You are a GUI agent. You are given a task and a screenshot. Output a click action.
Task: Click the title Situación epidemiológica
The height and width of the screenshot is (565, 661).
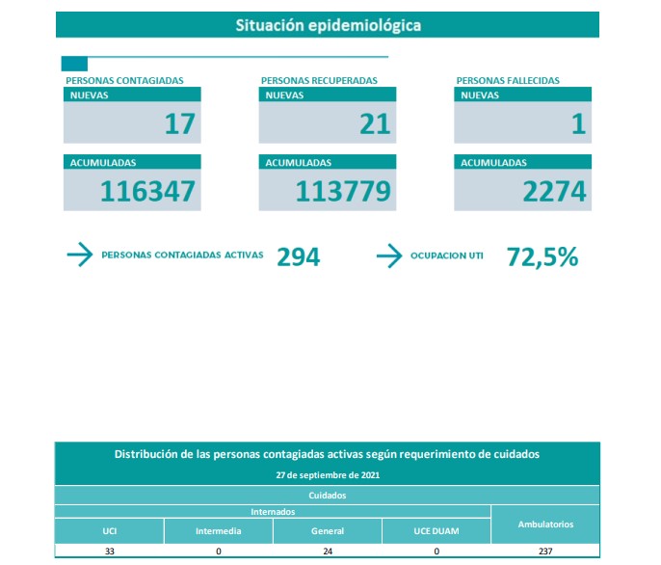point(328,25)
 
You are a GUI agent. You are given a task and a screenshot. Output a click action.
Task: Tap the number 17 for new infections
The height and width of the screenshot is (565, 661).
point(179,123)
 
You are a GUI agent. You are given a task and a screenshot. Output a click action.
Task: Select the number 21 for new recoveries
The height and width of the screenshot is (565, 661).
point(375,123)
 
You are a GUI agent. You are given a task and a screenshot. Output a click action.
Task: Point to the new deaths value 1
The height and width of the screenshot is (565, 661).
point(578,123)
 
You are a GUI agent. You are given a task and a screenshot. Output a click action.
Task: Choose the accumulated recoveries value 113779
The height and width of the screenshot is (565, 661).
point(343,192)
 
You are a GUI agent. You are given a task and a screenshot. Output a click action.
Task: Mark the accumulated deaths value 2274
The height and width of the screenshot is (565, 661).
point(554,192)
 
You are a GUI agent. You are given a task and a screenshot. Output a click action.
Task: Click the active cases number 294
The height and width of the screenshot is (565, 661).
point(298,256)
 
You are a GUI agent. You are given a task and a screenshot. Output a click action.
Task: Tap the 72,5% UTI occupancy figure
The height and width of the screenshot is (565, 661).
point(542,256)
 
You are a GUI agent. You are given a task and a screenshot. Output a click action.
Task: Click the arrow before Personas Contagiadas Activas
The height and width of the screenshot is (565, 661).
point(79,256)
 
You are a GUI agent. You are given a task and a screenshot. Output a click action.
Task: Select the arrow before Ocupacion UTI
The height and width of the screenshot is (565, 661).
point(388,256)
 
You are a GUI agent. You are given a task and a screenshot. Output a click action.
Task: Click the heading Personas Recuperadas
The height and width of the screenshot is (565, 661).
point(319,81)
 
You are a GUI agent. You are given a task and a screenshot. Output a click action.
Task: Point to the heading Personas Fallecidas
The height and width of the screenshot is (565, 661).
point(508,81)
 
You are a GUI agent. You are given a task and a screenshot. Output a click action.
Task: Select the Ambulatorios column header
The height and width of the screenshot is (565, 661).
point(545,525)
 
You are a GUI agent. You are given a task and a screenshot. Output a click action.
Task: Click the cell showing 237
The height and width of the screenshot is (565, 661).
point(545,552)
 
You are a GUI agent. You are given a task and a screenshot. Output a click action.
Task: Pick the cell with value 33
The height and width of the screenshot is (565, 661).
point(110,552)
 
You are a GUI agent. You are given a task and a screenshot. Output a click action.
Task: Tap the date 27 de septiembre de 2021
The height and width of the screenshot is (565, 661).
point(328,475)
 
